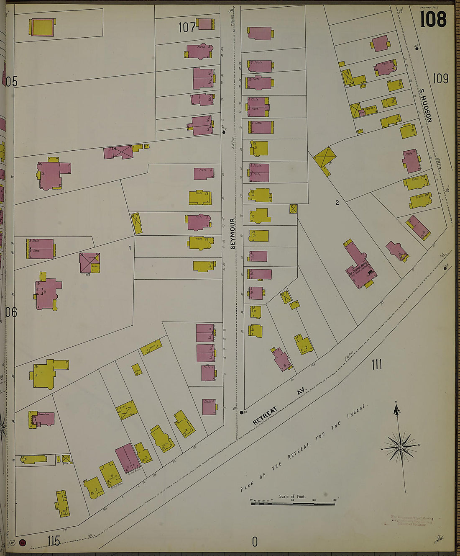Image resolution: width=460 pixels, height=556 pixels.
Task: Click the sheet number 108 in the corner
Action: (x=433, y=19)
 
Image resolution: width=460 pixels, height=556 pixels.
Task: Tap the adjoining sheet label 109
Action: (x=440, y=78)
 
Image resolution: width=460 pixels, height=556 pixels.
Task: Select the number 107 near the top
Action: (x=187, y=28)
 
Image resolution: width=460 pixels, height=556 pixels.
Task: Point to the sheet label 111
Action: (x=376, y=365)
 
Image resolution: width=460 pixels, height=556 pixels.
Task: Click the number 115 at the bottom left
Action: (x=54, y=541)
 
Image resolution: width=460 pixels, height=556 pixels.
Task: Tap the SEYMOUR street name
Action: (x=233, y=233)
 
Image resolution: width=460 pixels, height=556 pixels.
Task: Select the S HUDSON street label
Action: (x=425, y=106)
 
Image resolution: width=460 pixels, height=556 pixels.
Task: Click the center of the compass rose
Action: (x=401, y=447)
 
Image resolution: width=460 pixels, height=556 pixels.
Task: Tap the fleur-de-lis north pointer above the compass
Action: (x=396, y=409)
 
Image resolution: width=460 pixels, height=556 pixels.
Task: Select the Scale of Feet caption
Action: (x=292, y=497)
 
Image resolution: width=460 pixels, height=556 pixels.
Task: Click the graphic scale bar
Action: (x=293, y=503)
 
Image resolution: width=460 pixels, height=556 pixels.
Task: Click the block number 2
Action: (x=337, y=203)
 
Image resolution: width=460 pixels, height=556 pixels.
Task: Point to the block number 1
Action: (x=130, y=248)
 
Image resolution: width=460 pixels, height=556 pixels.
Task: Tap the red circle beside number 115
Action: (x=23, y=543)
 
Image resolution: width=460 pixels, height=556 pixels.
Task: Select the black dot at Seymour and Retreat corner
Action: (x=242, y=413)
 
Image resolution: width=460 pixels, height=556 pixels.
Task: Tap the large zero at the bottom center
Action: (x=255, y=542)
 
